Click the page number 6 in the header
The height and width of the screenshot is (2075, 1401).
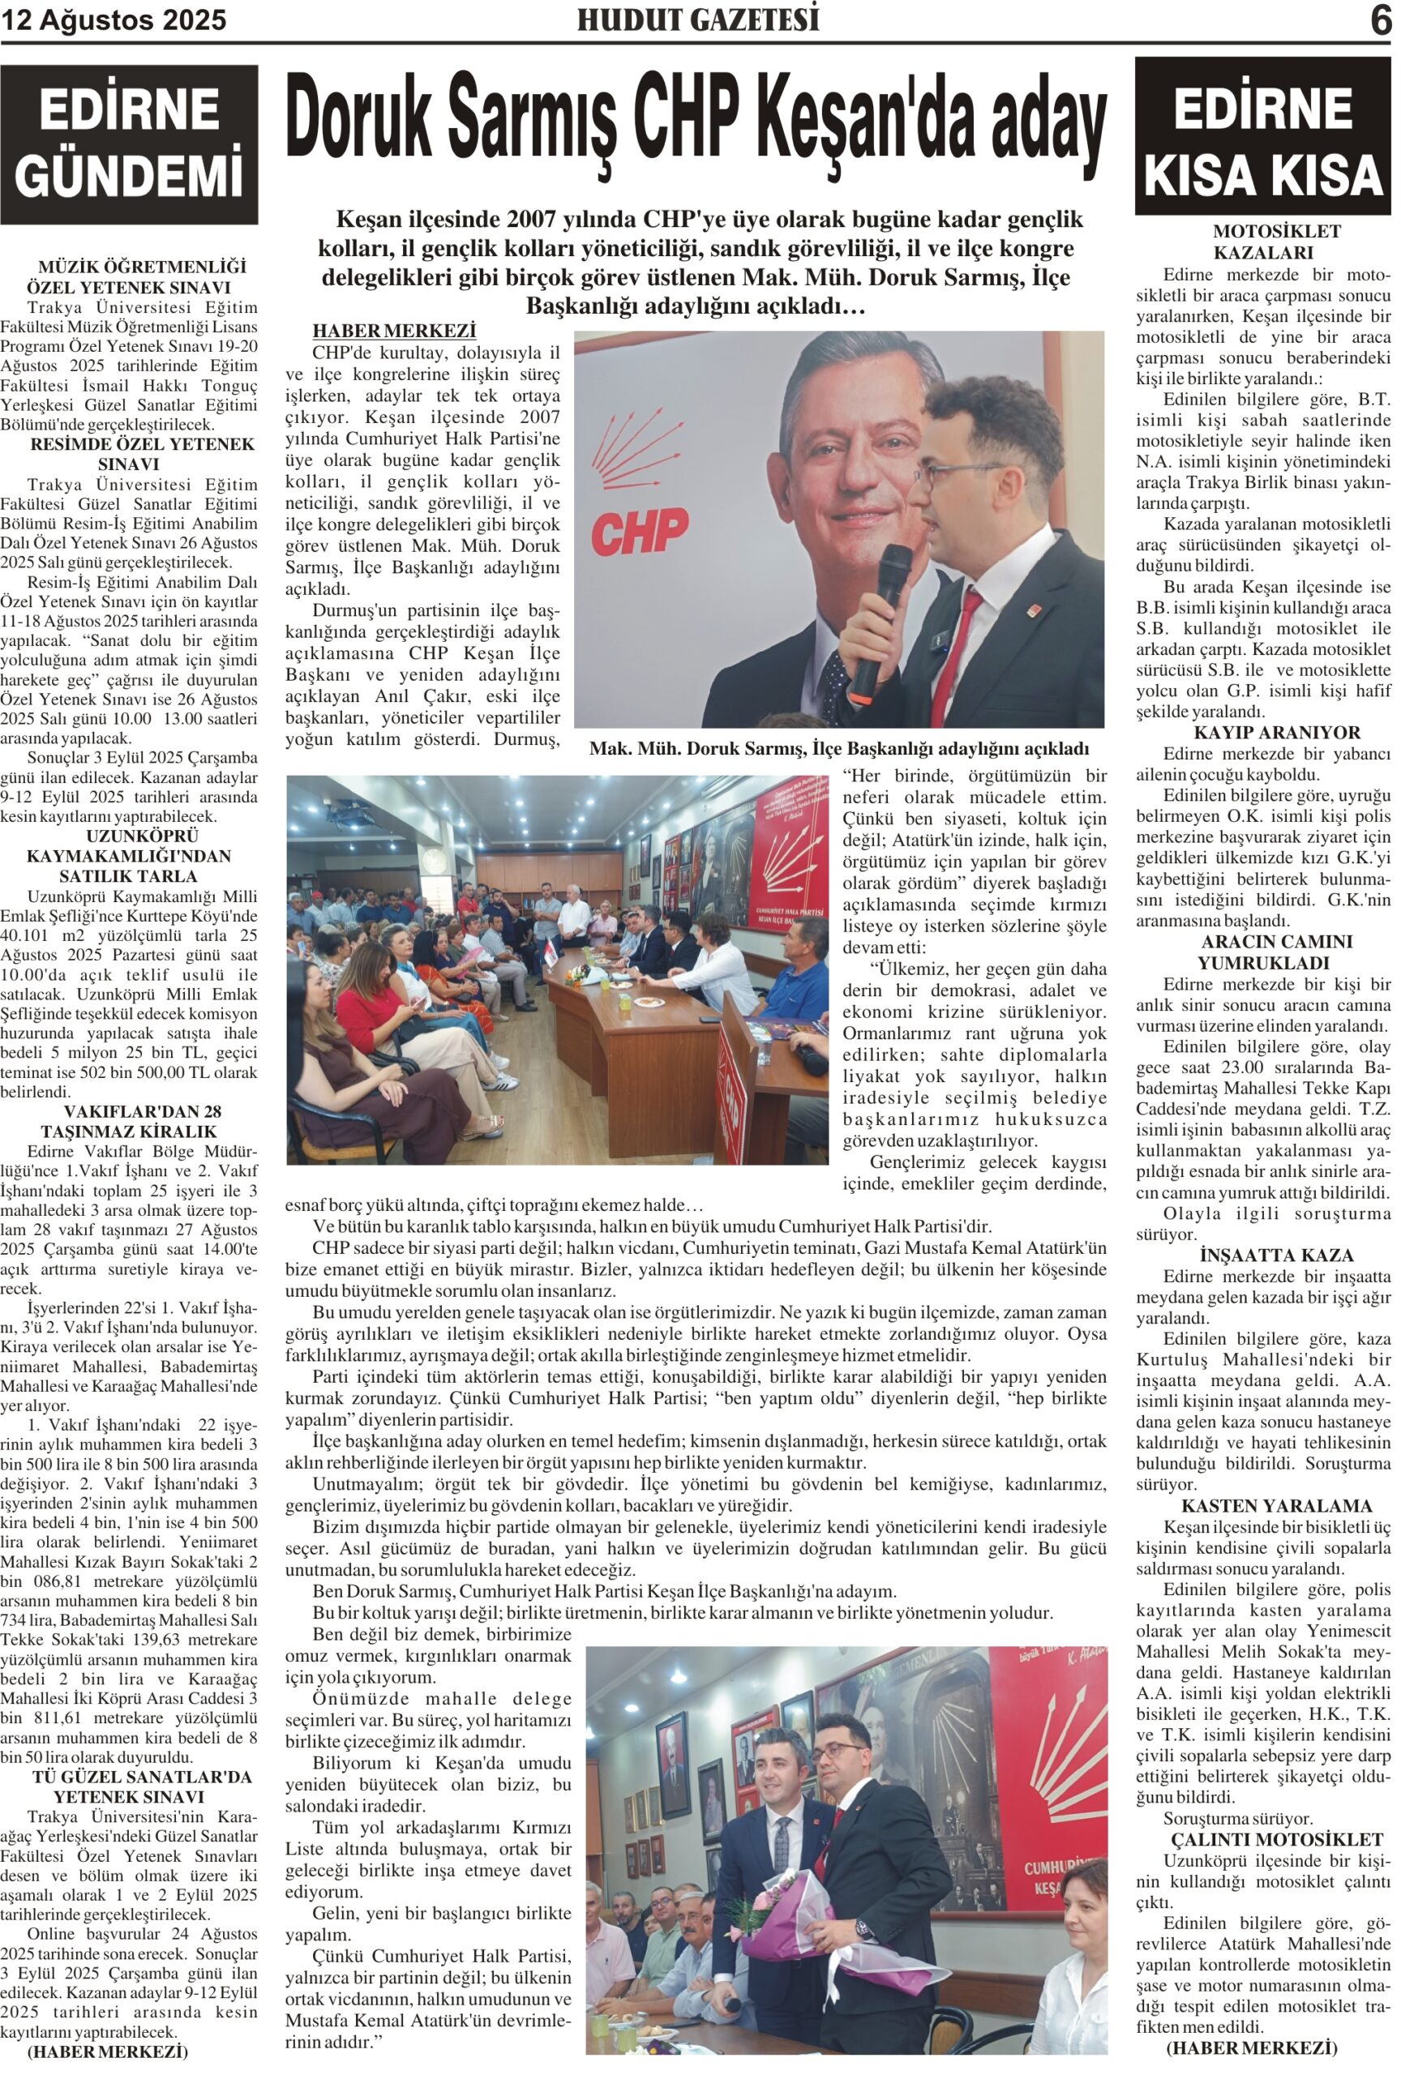click(x=1380, y=19)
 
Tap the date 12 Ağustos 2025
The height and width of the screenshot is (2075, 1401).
click(x=114, y=19)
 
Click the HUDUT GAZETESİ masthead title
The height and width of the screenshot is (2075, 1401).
click(x=697, y=19)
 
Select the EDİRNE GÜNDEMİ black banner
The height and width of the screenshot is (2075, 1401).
click(x=130, y=143)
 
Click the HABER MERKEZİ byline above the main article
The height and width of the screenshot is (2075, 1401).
click(x=394, y=332)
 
